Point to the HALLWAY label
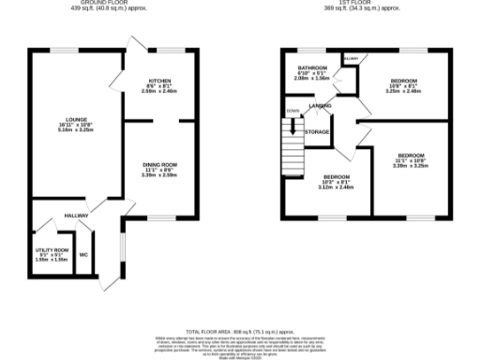tap(76, 216)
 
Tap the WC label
tap(84, 254)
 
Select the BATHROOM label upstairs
tap(312, 67)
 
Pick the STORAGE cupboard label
tap(317, 132)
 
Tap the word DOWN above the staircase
tap(293, 110)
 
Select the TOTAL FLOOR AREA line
tap(239, 332)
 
